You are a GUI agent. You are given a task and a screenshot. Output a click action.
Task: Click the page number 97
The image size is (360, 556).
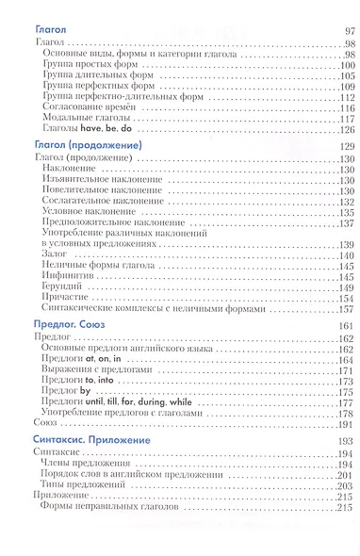(345, 31)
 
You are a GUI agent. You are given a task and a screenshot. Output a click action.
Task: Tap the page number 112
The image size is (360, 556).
(344, 97)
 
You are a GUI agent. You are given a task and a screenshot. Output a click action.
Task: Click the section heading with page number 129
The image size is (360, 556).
(87, 148)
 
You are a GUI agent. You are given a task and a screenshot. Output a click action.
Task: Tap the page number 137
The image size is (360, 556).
(344, 223)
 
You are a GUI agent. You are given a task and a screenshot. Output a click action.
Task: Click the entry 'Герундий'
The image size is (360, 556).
(62, 287)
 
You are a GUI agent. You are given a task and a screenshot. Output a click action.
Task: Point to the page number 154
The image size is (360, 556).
(344, 298)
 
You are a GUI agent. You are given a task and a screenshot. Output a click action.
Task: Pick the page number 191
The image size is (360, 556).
(344, 425)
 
